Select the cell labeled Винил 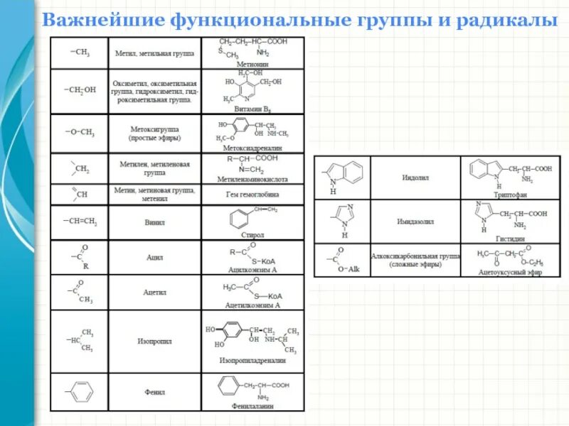click(154, 222)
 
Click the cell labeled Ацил click(154, 258)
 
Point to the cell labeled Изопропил click(154, 341)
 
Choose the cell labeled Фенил click(154, 391)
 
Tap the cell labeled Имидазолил click(415, 221)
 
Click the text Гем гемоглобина click(252, 194)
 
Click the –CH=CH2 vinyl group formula click(80, 222)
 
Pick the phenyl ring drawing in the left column click(80, 391)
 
